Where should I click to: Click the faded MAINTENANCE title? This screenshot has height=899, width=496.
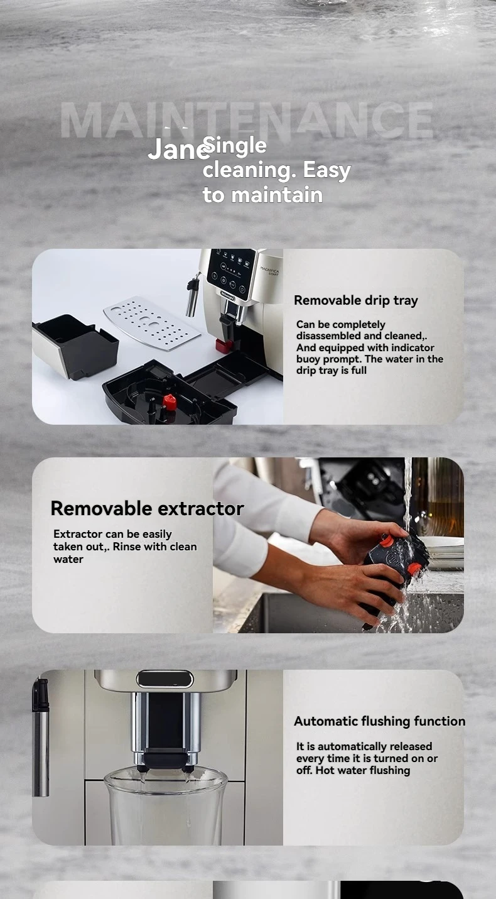click(x=247, y=121)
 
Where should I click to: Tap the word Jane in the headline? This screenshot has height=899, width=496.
click(x=178, y=149)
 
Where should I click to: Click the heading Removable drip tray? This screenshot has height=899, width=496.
click(x=355, y=300)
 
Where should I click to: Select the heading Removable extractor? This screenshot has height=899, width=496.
click(x=147, y=508)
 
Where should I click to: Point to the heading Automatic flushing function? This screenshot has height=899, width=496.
click(x=379, y=721)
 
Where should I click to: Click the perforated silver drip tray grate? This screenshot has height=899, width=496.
click(x=151, y=323)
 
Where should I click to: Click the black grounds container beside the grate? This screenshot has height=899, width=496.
click(x=75, y=346)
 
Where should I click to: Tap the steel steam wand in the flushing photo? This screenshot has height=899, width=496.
click(x=41, y=736)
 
